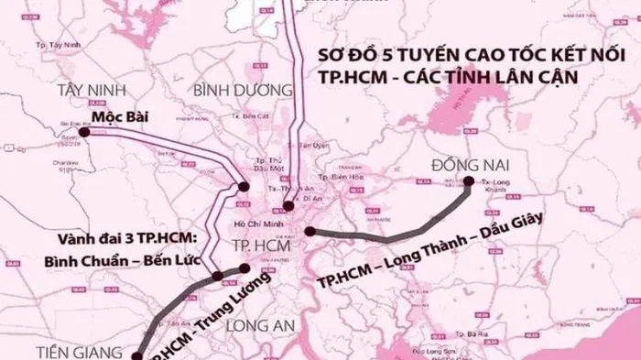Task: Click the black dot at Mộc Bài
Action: point(85,132)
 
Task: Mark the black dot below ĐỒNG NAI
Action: point(468,181)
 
